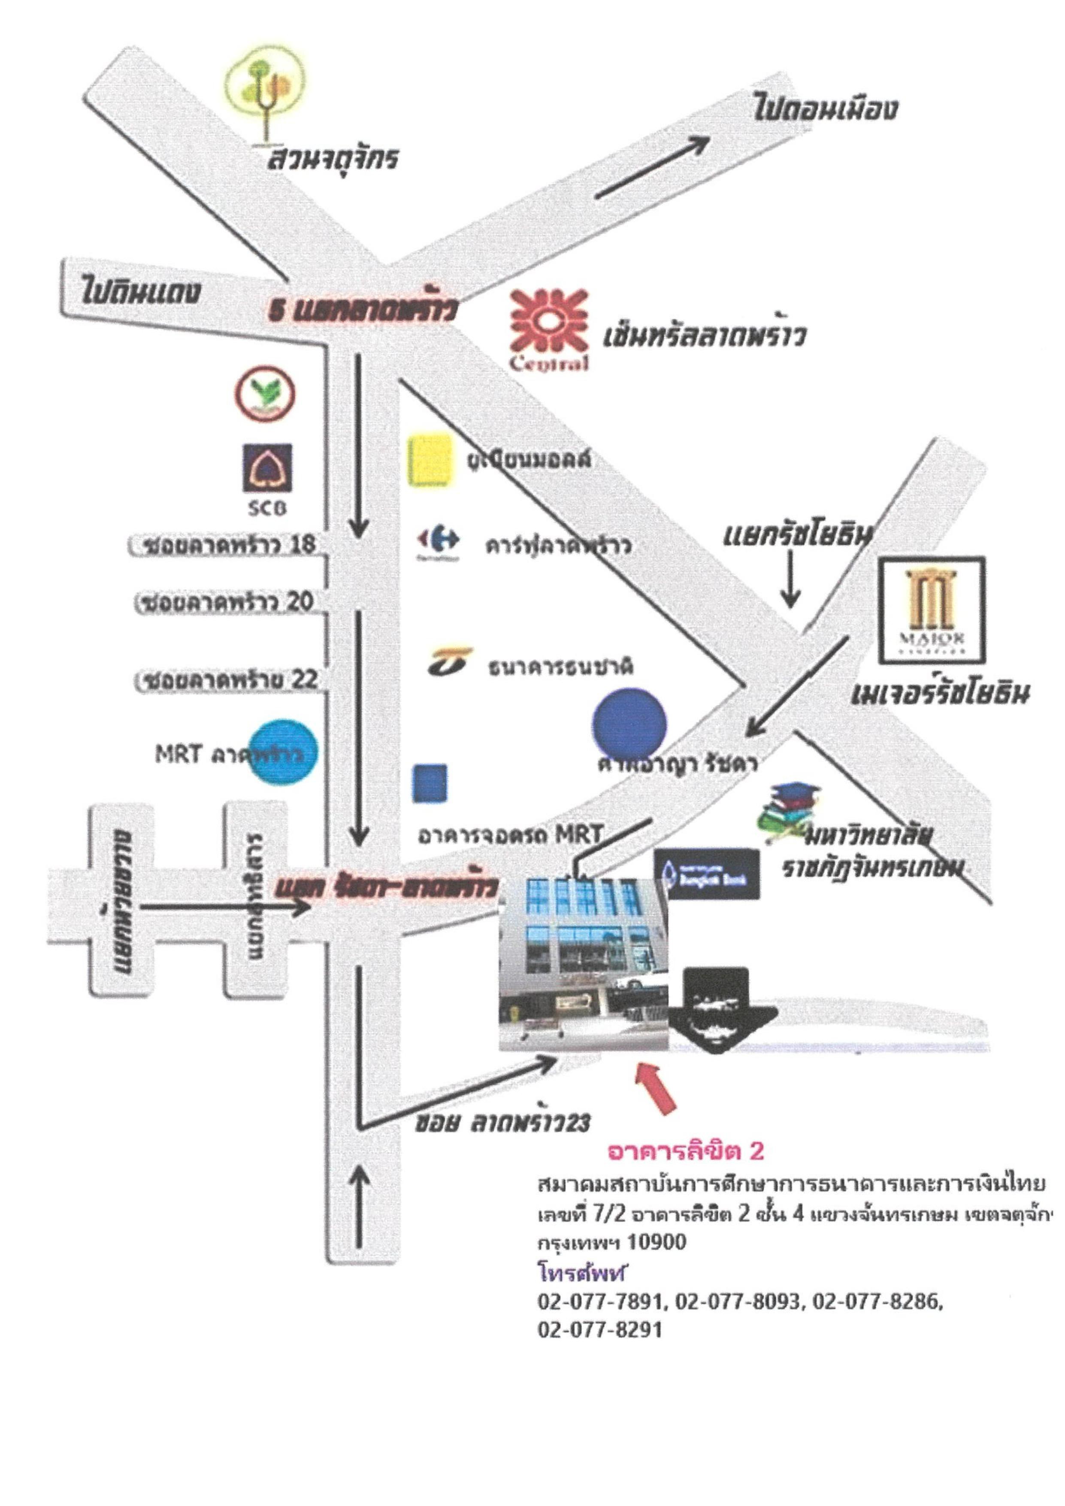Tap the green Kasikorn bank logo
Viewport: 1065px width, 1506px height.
[265, 394]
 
